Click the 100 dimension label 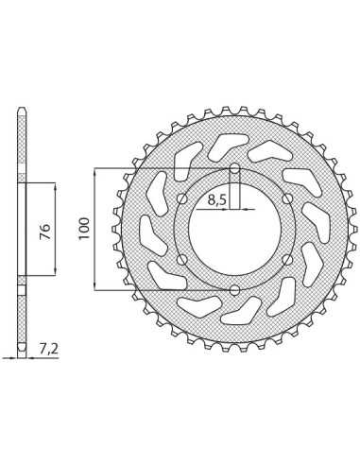coord(84,229)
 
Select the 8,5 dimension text coord(217,199)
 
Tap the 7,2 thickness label coord(49,349)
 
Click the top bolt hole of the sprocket coord(234,168)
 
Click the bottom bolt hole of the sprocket coord(234,290)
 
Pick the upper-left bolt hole coord(182,198)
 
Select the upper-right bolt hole coord(287,198)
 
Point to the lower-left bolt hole coord(182,260)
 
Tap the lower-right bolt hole coord(287,260)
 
